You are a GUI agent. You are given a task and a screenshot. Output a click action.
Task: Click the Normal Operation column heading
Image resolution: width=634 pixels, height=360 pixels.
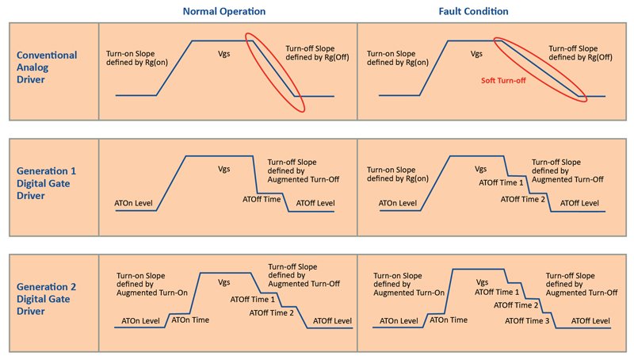pos(224,11)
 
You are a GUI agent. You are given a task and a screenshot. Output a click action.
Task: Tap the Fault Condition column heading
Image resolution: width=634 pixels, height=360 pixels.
pos(473,11)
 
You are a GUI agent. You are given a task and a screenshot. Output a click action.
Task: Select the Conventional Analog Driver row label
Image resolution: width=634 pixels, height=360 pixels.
pos(47,67)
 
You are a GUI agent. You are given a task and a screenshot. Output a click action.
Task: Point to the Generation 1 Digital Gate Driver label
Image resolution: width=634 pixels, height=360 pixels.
pos(46,183)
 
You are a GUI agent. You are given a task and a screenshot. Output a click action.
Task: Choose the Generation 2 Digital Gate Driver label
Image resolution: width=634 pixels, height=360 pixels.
pos(46,299)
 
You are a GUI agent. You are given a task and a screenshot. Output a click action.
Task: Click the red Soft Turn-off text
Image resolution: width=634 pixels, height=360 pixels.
pos(503,81)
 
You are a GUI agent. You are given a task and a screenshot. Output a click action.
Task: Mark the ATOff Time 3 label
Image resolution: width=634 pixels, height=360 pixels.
pos(527,321)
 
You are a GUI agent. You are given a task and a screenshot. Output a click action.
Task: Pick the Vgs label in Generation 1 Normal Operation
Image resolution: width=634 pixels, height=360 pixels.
pos(224,170)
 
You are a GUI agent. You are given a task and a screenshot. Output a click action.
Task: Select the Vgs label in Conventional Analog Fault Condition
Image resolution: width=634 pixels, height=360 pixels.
pos(476,54)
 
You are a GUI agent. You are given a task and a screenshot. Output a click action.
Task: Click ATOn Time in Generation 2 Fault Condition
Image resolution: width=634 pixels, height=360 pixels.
pos(449,320)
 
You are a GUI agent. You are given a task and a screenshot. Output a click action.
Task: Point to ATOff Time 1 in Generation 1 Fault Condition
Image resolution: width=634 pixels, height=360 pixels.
pos(501,183)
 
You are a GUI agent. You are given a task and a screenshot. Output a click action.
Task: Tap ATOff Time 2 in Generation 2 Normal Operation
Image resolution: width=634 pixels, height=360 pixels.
pos(271,312)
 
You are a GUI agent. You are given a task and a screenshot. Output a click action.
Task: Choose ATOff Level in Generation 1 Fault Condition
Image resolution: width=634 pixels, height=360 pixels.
pos(579,203)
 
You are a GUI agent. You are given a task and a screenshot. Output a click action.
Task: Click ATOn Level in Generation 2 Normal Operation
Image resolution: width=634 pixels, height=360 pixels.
pos(141,321)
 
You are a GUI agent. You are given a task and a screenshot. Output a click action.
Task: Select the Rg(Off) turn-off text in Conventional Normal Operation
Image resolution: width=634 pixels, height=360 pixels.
pos(317,53)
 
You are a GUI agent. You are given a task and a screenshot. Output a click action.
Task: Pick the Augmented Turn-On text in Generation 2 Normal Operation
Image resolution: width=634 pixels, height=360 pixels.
pos(152,284)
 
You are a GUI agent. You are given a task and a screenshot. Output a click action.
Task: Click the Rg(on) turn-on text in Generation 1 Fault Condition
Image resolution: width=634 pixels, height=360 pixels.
pos(398,174)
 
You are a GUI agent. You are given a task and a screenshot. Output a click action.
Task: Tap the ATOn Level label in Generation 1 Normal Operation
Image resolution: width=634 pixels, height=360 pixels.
pos(133,203)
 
